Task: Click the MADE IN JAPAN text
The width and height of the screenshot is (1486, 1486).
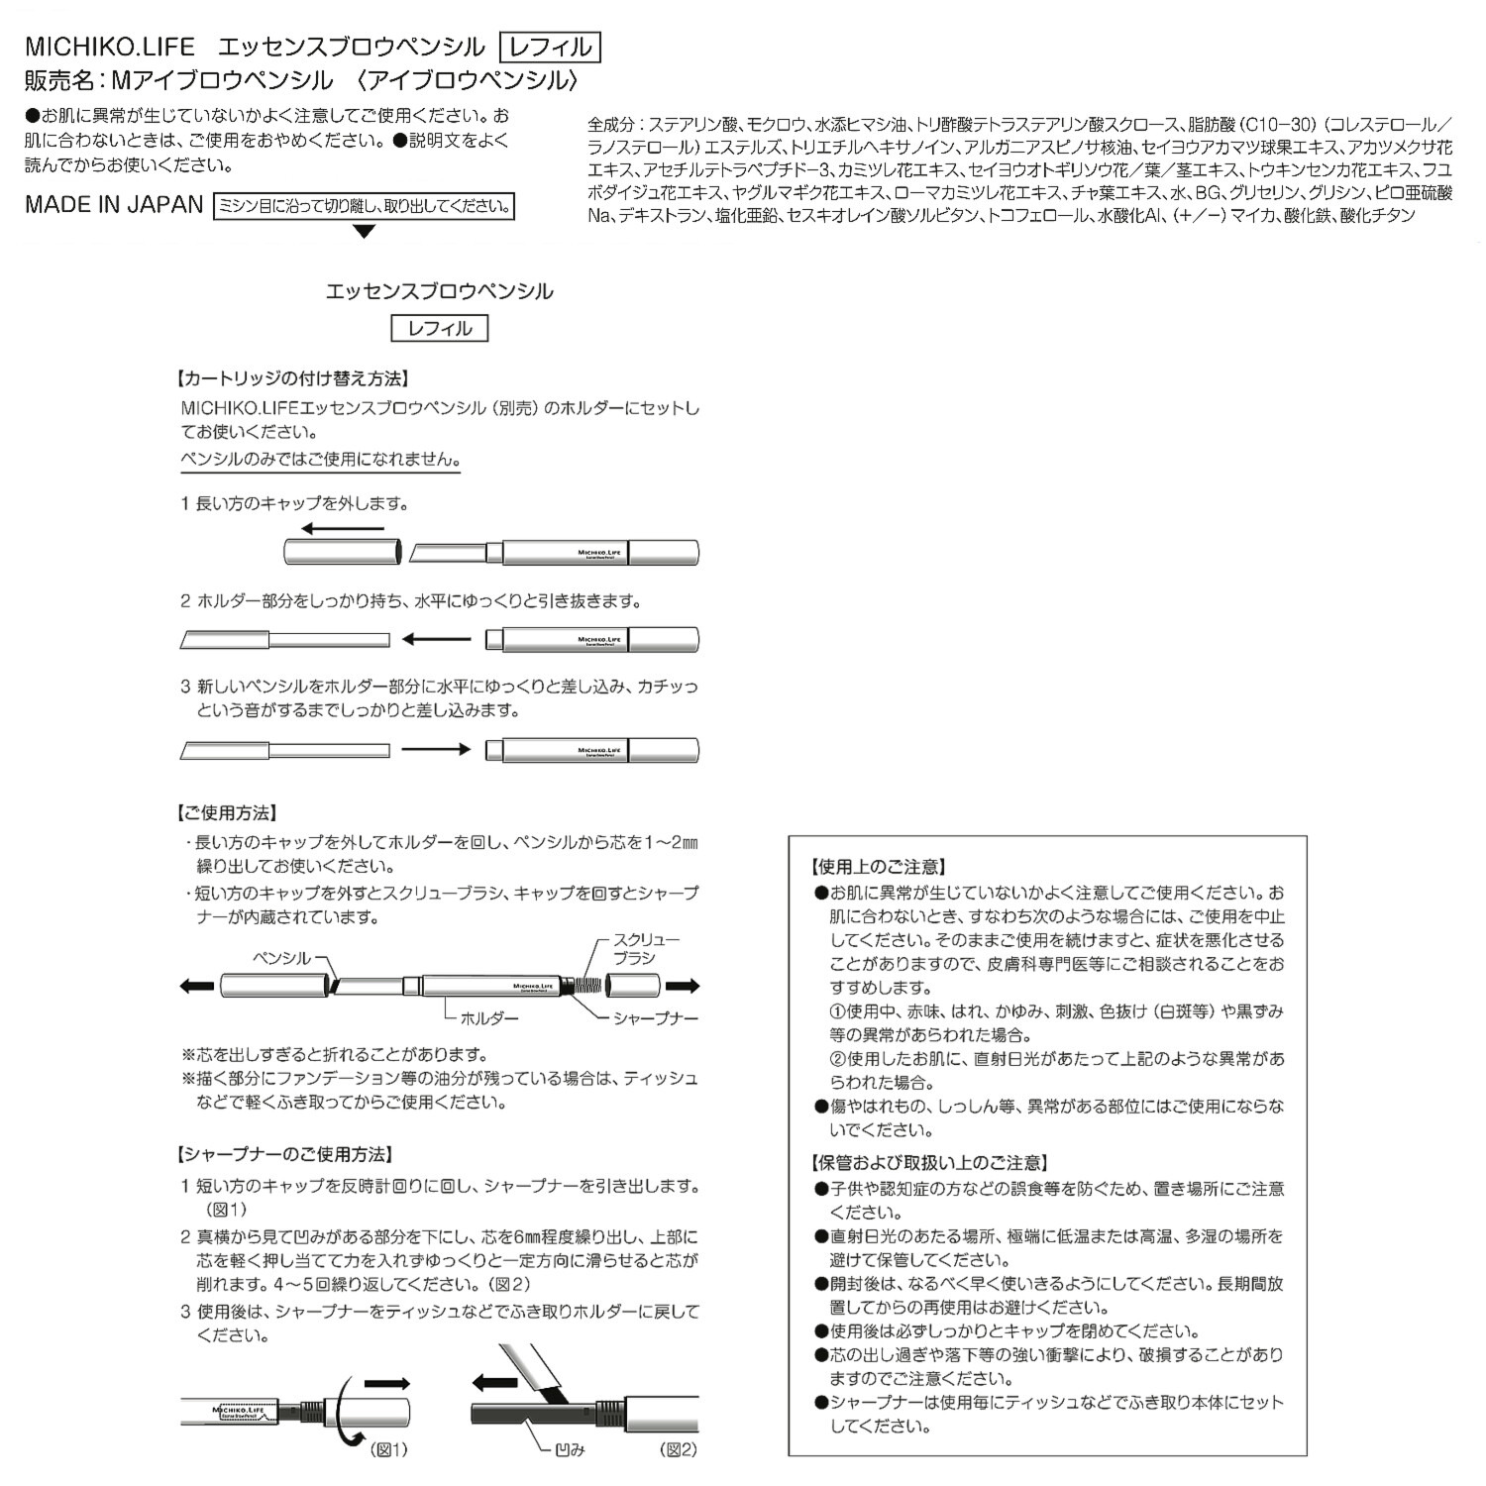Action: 114,205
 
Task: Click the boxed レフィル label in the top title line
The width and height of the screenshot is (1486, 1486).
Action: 551,47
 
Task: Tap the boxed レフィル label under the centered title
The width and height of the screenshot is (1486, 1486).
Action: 440,328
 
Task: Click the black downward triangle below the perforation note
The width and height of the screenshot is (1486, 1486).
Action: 365,232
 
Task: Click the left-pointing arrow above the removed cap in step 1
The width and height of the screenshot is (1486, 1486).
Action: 342,529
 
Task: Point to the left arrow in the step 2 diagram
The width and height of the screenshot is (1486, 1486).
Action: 437,640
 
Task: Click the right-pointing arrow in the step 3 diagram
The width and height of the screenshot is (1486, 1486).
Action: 437,750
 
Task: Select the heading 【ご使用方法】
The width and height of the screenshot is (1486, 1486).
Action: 225,813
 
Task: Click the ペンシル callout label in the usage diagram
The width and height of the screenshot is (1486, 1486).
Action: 282,958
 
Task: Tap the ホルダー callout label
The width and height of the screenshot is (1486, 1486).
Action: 488,1017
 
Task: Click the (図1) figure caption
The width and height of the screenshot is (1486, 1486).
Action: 388,1449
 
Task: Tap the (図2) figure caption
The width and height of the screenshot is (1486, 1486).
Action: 679,1449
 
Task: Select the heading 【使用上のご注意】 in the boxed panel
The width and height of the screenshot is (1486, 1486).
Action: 878,867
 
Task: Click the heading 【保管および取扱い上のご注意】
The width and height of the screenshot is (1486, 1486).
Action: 928,1163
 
